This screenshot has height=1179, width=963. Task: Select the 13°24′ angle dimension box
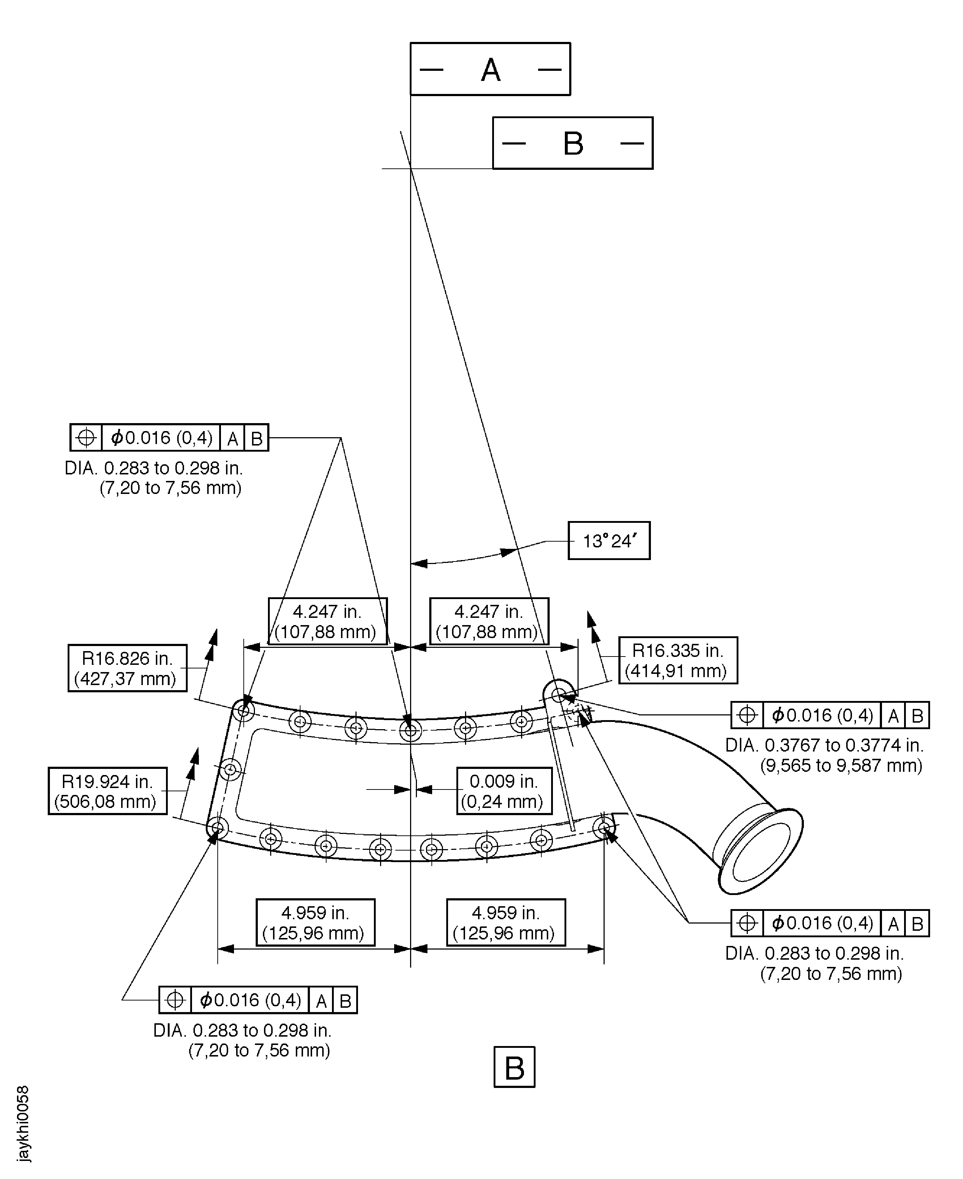[609, 541]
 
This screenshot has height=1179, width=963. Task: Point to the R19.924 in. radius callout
[108, 791]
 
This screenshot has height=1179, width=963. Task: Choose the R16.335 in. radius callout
[678, 660]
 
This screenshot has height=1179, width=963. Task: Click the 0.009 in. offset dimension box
[504, 791]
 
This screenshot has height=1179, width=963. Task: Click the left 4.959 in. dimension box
[315, 922]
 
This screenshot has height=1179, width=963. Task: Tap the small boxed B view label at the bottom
[514, 1067]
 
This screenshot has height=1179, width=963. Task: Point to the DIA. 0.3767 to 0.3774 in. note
[824, 755]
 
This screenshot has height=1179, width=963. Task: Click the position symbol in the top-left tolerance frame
[86, 438]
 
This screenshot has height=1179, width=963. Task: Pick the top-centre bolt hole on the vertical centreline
[410, 731]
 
